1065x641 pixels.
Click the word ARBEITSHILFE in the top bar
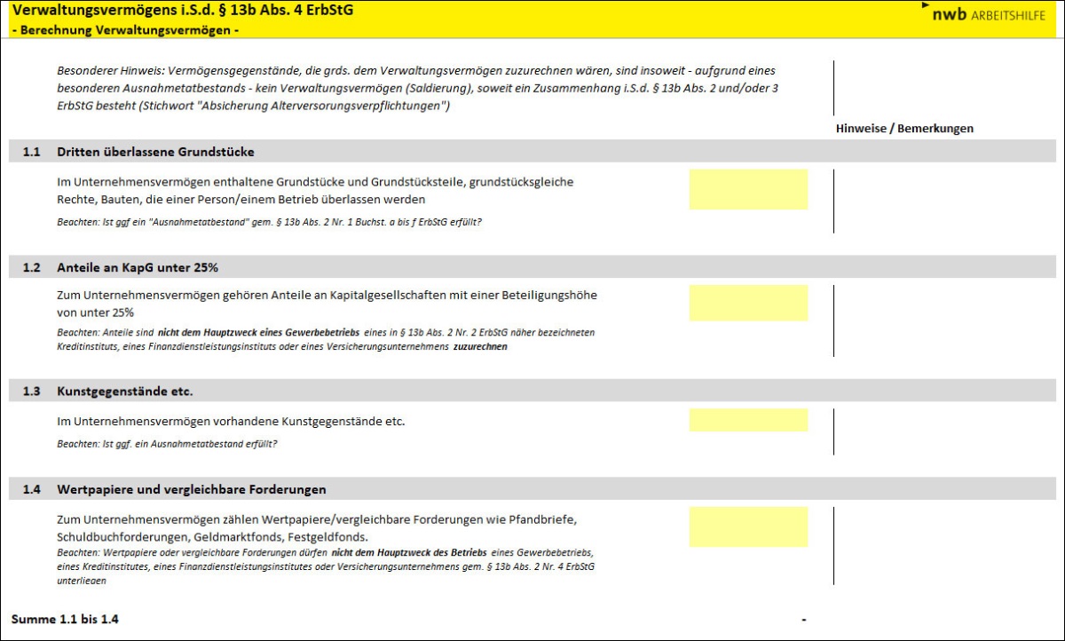pyautogui.click(x=1008, y=16)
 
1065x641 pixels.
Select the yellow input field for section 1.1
pyautogui.click(x=748, y=189)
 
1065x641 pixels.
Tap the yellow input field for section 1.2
pyautogui.click(x=748, y=303)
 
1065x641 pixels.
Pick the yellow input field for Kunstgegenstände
pyautogui.click(x=748, y=420)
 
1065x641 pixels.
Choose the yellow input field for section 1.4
pyautogui.click(x=748, y=526)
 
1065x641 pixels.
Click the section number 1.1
pyautogui.click(x=32, y=152)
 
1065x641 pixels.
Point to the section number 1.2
pyautogui.click(x=32, y=267)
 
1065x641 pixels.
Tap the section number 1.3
pyautogui.click(x=32, y=391)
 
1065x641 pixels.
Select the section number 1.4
pyautogui.click(x=32, y=489)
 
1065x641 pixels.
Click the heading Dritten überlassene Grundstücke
pyautogui.click(x=155, y=152)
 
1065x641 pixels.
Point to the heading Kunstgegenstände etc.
pyautogui.click(x=125, y=391)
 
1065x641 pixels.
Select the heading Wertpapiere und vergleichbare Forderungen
pyautogui.click(x=192, y=489)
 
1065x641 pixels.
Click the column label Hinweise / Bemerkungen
pyautogui.click(x=904, y=128)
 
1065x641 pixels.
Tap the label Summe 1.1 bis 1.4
pyautogui.click(x=65, y=619)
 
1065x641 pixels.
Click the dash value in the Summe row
pyautogui.click(x=803, y=619)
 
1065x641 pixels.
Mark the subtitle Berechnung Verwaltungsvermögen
pyautogui.click(x=126, y=29)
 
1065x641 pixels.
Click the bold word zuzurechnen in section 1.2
pyautogui.click(x=480, y=347)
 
